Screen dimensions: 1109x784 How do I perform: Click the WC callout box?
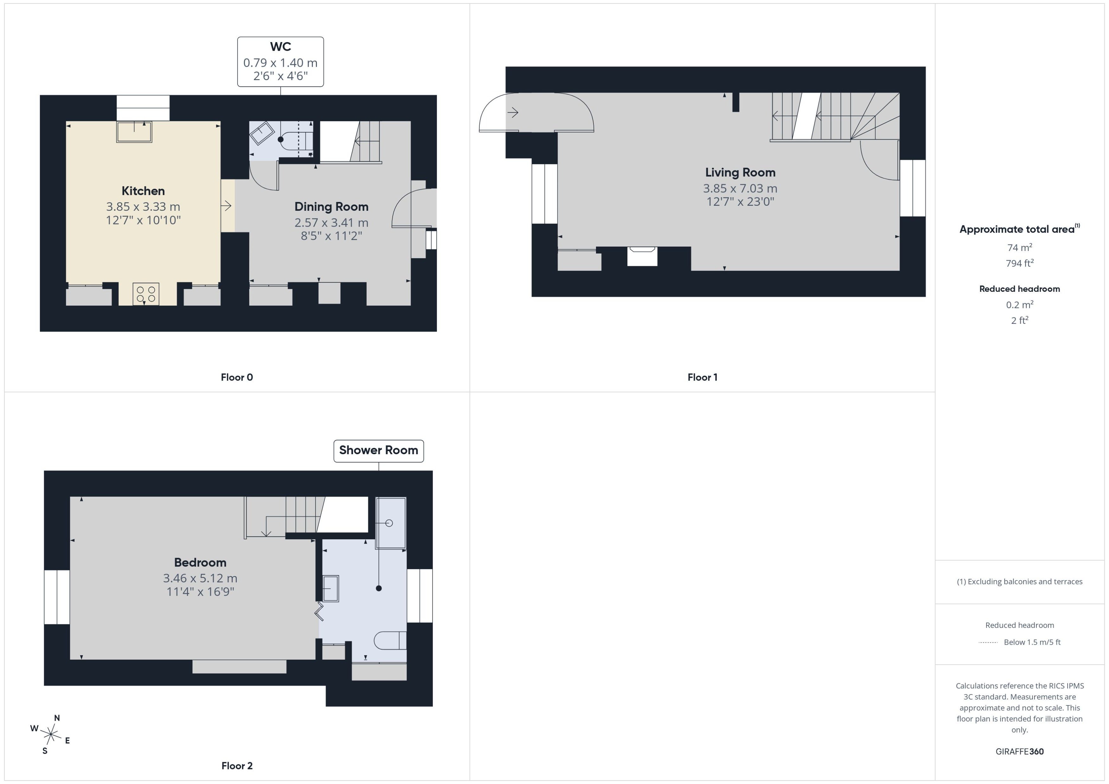(280, 62)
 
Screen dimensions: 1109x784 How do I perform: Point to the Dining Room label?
(331, 207)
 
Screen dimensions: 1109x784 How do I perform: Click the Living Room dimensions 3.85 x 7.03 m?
(740, 188)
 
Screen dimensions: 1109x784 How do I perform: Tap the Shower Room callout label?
(378, 450)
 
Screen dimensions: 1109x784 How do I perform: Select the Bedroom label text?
(200, 562)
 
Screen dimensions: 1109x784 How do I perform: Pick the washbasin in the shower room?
(330, 588)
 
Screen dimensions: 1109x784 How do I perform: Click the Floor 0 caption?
(237, 378)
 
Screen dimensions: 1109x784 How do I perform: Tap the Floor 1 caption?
(702, 378)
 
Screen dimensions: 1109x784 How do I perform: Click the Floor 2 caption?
(237, 766)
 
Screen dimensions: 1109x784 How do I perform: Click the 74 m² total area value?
(1020, 247)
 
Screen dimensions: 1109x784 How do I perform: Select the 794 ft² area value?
(1020, 263)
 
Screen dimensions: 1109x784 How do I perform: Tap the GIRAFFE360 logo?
(1020, 752)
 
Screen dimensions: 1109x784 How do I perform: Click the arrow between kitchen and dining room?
(226, 206)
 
